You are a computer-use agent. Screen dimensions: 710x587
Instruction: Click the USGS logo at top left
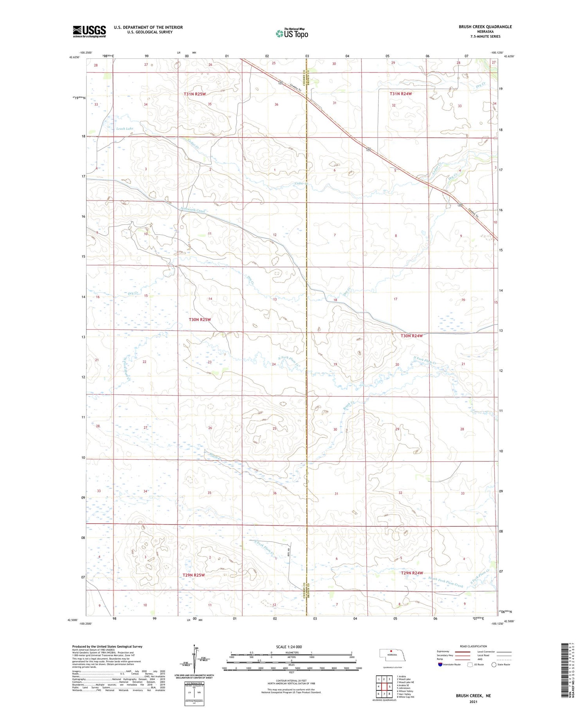pos(89,31)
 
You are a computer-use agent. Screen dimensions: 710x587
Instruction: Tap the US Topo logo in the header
pos(292,34)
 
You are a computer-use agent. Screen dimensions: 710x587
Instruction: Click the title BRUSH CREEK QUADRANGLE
pos(485,27)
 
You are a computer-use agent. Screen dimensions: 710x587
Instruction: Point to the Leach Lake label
pos(124,128)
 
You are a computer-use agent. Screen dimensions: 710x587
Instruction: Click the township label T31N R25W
pos(195,94)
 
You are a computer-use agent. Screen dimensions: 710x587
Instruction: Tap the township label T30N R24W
pos(412,336)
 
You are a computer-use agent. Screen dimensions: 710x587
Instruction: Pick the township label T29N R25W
pos(194,575)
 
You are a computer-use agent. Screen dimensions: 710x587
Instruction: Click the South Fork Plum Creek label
pos(445,583)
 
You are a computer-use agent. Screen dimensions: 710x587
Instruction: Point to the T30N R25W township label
pos(200,320)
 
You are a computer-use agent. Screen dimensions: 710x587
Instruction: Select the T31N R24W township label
pos(401,94)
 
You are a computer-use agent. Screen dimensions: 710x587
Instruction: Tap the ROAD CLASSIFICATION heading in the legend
pos(474,646)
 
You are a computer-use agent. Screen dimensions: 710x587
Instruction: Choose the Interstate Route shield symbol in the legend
pos(440,665)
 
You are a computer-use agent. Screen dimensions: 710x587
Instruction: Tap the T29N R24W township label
pos(412,573)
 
